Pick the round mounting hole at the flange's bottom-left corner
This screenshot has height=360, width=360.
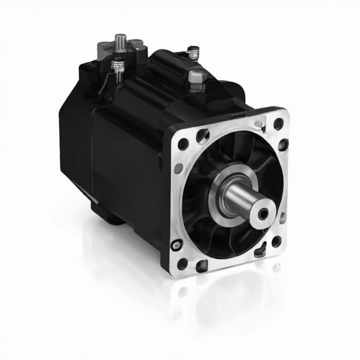pos(182,264)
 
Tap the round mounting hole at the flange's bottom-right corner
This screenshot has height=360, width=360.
pos(276,241)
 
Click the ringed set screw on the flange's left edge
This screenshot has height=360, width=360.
pos(176,245)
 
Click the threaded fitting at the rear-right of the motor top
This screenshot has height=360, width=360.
pos(193,52)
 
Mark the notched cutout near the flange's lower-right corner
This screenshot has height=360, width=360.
pos(260,251)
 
